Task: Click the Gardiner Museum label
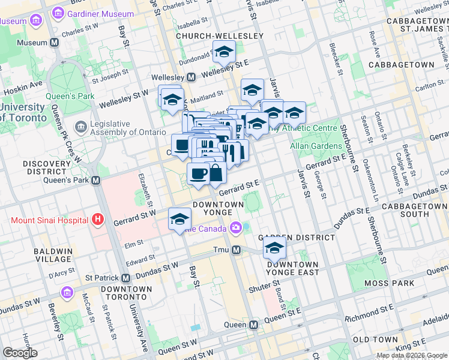tap(100, 13)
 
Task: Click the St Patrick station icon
tap(125, 278)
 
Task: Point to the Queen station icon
tap(253, 325)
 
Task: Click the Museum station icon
tap(55, 43)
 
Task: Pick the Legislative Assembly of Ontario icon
tap(80, 127)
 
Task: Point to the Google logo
tap(20, 353)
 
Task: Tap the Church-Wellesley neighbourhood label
tap(220, 36)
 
